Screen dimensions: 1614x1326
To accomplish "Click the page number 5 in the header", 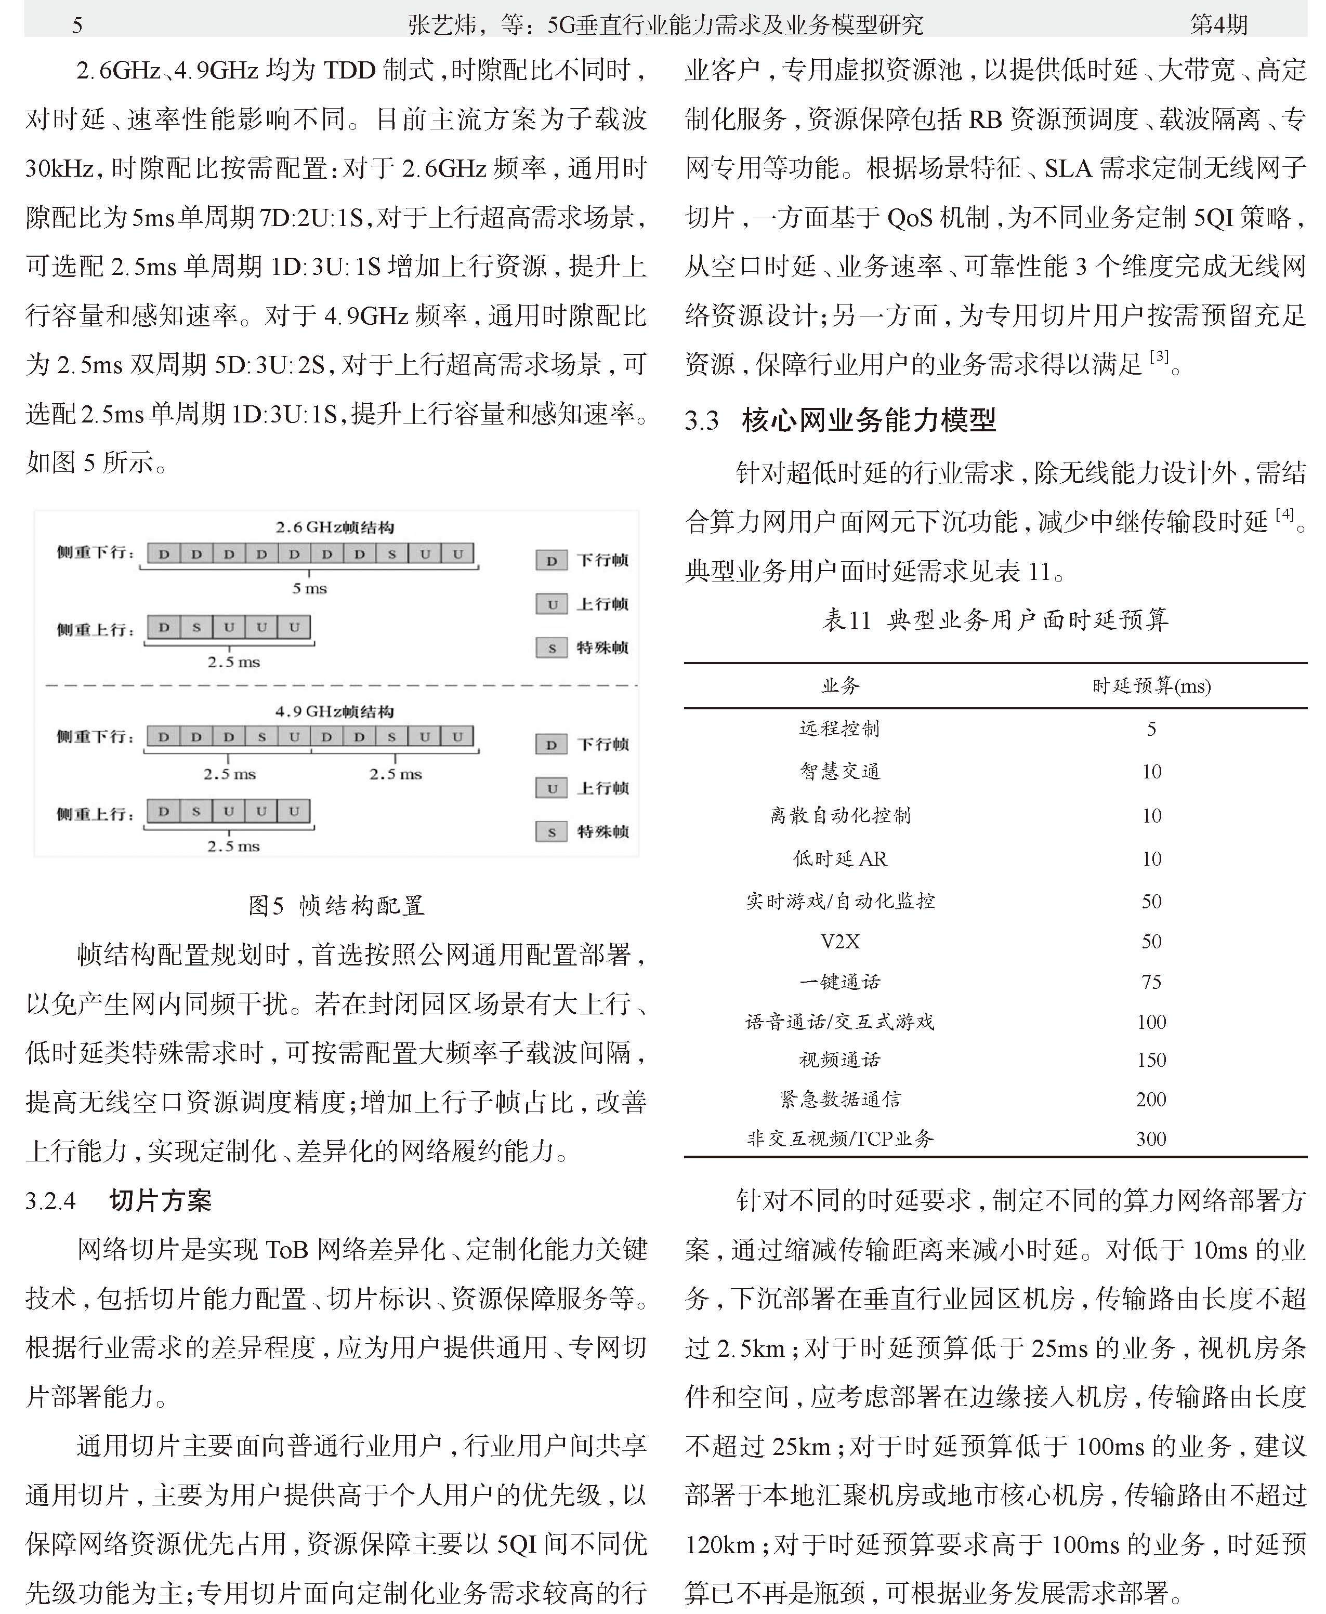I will (x=76, y=25).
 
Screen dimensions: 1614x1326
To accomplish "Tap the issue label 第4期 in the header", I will (x=1218, y=25).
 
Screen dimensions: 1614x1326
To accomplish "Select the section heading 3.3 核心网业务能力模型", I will (x=840, y=420).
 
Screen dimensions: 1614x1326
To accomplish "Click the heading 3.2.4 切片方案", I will (x=119, y=1201).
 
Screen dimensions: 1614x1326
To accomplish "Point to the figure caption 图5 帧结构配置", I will (x=336, y=906).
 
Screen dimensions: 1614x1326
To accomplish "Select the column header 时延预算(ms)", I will (x=1151, y=685).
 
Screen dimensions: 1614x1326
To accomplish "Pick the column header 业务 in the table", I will (x=840, y=685).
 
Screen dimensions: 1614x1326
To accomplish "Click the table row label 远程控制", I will (x=840, y=729).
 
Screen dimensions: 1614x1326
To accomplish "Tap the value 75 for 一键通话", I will (x=1151, y=982).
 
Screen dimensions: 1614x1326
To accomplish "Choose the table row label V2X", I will (x=840, y=942).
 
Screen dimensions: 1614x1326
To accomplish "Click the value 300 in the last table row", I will (x=1151, y=1139).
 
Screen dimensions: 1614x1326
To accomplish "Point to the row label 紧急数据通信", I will (x=840, y=1100).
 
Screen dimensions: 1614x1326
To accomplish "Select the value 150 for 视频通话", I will (x=1151, y=1060).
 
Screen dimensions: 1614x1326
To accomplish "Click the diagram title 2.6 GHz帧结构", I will (x=335, y=527).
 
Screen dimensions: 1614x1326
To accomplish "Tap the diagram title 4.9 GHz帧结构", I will (x=335, y=711).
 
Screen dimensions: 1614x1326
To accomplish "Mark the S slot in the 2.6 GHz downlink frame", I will (x=392, y=553).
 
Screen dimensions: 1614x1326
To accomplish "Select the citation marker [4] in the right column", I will (x=1285, y=514).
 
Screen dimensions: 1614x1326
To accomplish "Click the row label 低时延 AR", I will (x=840, y=859).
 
